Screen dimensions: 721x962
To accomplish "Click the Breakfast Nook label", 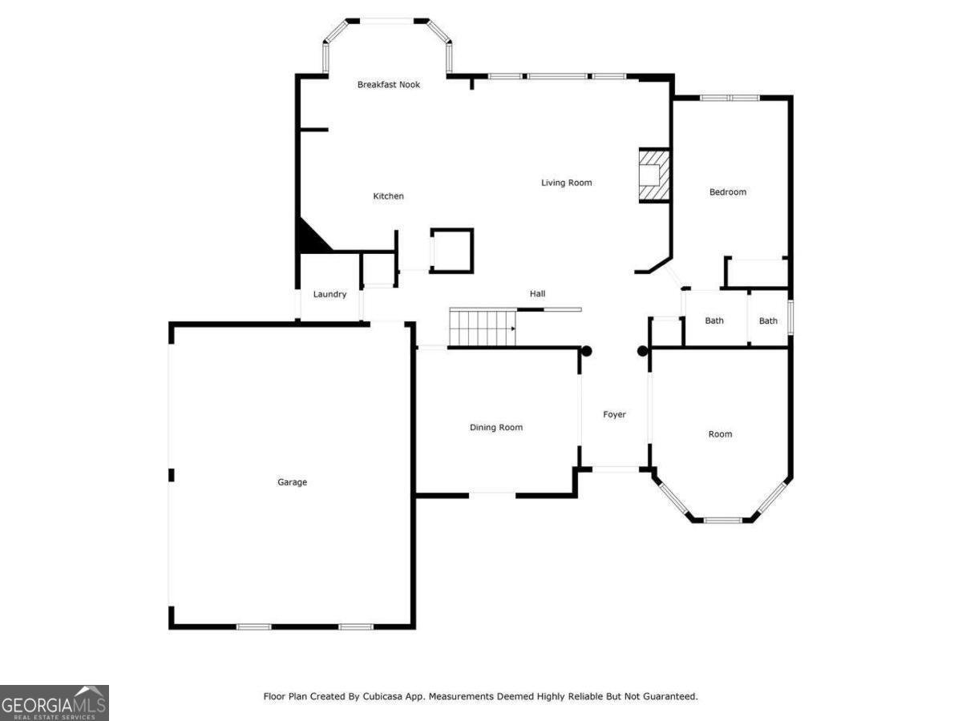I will coord(389,84).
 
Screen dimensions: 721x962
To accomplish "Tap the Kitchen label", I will coord(389,196).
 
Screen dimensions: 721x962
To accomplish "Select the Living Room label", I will coord(567,183).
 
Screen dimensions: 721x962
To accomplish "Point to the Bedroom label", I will coord(728,191).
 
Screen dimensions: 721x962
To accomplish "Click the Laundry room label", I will coord(329,294).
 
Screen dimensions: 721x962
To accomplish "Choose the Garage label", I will coord(293,482).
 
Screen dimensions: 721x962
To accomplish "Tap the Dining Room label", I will coord(496,427).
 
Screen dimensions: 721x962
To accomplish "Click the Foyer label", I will coord(615,414).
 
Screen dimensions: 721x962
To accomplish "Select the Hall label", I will coord(538,294).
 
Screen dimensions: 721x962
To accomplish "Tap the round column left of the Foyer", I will coord(586,351).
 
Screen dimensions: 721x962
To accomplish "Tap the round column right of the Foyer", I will coord(642,351).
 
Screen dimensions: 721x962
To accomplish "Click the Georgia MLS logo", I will coord(55,703).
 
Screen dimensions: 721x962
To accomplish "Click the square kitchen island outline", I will coord(452,251).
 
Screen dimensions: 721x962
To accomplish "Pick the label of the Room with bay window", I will coord(721,433).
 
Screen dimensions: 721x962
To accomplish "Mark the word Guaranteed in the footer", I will coord(672,696).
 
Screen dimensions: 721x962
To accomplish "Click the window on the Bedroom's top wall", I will coord(730,98).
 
